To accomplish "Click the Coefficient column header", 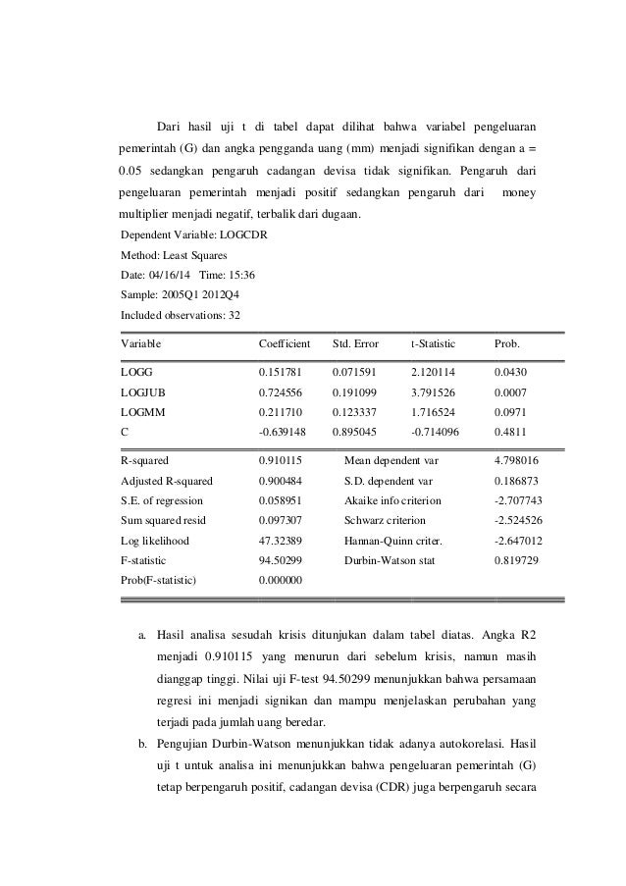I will click(284, 345).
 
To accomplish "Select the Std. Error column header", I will click(356, 345).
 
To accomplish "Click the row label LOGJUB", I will click(142, 392).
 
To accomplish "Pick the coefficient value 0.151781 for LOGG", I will click(282, 374).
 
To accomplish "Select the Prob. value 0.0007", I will click(512, 392).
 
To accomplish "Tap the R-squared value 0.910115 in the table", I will click(282, 459).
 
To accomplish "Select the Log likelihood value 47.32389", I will click(282, 541).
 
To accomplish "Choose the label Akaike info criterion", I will click(392, 500).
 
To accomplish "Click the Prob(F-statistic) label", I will click(158, 580).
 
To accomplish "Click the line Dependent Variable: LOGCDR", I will click(185, 236).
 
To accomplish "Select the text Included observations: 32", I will click(179, 315).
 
